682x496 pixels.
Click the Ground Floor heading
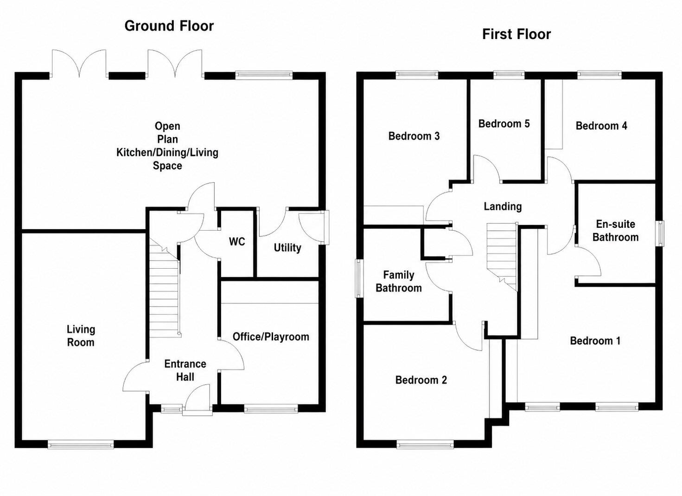[x=169, y=26]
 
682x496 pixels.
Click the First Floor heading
[x=516, y=34]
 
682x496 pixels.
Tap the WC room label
[x=237, y=242]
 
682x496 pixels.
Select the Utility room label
[x=287, y=248]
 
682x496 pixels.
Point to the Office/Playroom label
[x=271, y=337]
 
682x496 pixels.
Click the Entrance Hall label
[x=185, y=370]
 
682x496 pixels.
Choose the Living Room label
[x=81, y=336]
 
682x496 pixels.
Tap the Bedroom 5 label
[x=504, y=124]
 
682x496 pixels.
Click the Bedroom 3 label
[x=414, y=136]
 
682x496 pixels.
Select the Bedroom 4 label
[x=601, y=126]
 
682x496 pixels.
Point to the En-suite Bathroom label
[x=615, y=231]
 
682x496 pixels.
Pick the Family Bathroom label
[x=399, y=282]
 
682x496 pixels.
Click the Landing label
[x=503, y=206]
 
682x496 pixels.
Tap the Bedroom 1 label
[x=595, y=341]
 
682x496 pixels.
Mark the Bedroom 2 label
[x=421, y=380]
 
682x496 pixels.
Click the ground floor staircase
[x=165, y=288]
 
